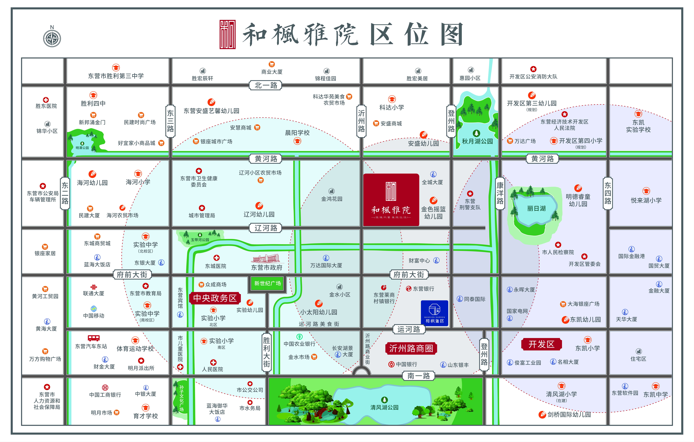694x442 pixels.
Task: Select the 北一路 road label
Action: tap(265, 85)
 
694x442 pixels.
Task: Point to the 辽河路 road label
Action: tap(265, 228)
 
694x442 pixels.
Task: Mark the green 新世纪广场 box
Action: tap(267, 283)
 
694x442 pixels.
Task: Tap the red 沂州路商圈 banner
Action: tap(411, 348)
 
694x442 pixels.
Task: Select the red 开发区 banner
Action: tap(541, 344)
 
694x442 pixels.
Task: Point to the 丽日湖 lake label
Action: tap(536, 208)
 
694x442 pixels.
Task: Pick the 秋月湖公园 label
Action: tap(477, 141)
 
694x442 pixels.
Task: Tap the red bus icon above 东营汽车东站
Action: tap(94, 338)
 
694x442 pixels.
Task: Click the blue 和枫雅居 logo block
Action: tap(434, 313)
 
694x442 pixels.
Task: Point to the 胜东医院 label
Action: tap(46, 106)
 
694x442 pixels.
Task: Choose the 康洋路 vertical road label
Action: tap(500, 193)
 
